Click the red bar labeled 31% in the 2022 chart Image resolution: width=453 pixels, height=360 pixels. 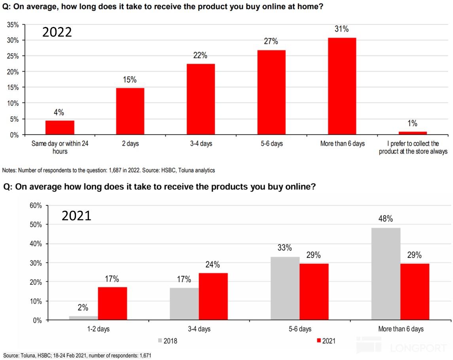pyautogui.click(x=342, y=86)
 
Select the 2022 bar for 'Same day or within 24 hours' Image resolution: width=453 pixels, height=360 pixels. pyautogui.click(x=60, y=127)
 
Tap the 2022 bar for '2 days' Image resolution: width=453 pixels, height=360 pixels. pyautogui.click(x=130, y=111)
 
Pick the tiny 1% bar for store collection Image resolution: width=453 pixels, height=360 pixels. pyautogui.click(x=413, y=133)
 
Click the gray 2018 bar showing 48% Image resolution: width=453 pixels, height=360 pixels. pyautogui.click(x=386, y=274)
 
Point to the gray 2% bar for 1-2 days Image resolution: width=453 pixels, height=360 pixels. pyautogui.click(x=83, y=318)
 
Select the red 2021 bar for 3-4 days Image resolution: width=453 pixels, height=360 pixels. pyautogui.click(x=213, y=296)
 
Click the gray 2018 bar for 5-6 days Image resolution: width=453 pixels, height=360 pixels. pyautogui.click(x=285, y=288)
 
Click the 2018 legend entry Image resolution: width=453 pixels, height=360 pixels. pyautogui.click(x=169, y=340)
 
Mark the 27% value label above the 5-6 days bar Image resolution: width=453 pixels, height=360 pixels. pyautogui.click(x=271, y=42)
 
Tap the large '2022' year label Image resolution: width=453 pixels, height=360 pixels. pyautogui.click(x=57, y=32)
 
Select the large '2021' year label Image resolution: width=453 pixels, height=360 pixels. pyautogui.click(x=76, y=215)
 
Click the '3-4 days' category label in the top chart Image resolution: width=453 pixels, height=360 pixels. pyautogui.click(x=201, y=143)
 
